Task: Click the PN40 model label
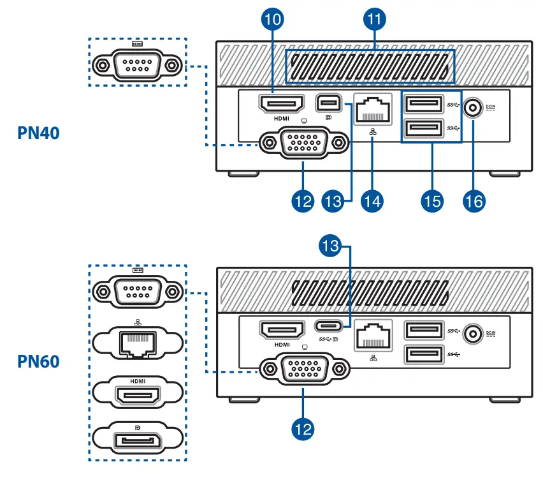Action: click(38, 133)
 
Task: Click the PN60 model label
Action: click(38, 361)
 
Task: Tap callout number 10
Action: click(273, 19)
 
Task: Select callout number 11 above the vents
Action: click(375, 19)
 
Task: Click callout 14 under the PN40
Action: click(372, 201)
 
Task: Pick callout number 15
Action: click(432, 201)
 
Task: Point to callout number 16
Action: click(474, 201)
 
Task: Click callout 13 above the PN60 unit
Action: click(330, 246)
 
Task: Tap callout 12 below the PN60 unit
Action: click(303, 429)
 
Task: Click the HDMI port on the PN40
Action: click(282, 103)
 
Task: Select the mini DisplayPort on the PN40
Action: click(329, 103)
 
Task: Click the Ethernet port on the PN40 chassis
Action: click(373, 109)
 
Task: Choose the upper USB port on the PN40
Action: click(424, 104)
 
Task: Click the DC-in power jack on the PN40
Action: click(473, 107)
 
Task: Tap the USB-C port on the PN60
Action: click(329, 326)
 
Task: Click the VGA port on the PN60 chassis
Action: click(305, 369)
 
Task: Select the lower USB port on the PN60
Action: click(424, 354)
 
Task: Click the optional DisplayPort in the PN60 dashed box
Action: click(138, 440)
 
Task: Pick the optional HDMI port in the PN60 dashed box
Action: click(138, 396)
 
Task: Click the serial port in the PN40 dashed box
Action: click(138, 65)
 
